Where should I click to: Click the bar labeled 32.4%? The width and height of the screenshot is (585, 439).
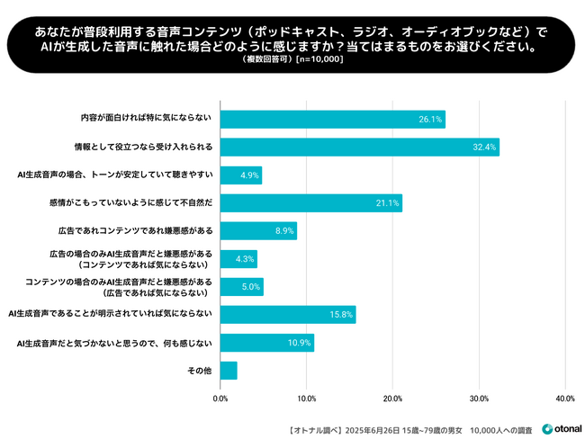pos(359,148)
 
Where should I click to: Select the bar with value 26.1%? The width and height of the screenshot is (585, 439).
pos(332,120)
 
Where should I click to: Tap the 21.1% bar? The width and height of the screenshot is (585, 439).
pos(310,203)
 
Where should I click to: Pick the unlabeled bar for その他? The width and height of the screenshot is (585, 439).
pos(229,371)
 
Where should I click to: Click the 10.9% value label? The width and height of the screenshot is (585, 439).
pos(300,343)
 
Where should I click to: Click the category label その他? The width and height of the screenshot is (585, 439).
pos(199,371)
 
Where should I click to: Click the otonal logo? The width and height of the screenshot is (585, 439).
pos(559,427)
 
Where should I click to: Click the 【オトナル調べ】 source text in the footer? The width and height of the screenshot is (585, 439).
pos(314,427)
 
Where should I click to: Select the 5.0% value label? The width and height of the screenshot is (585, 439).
pos(251,287)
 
